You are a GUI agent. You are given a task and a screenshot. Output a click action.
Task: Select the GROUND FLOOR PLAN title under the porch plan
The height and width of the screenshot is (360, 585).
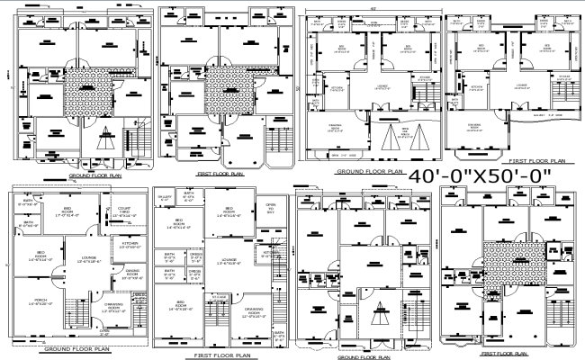75,347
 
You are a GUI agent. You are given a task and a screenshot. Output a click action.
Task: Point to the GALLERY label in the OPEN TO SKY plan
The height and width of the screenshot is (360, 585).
165,198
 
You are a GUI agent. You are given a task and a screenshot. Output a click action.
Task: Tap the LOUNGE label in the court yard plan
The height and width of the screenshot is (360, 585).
89,260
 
